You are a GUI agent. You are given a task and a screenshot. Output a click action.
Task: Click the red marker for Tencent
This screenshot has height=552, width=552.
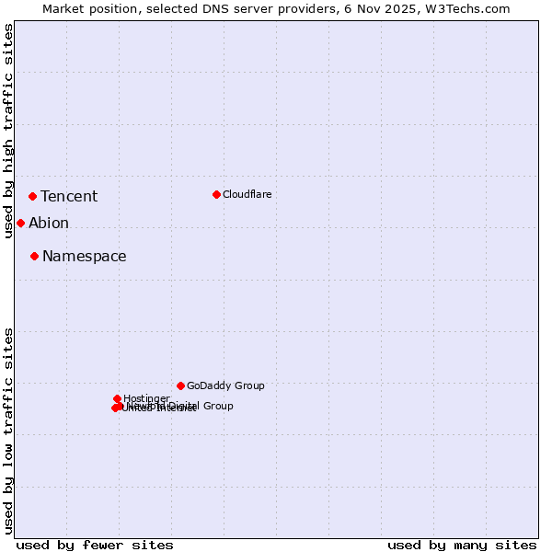click(32, 196)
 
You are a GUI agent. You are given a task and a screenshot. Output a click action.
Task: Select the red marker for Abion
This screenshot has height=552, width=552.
click(20, 223)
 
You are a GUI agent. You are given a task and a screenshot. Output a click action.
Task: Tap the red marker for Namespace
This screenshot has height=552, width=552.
click(34, 256)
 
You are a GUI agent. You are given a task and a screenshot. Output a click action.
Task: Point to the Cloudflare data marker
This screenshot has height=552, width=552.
click(216, 194)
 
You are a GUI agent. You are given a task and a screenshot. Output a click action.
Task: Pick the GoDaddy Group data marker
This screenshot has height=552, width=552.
click(180, 385)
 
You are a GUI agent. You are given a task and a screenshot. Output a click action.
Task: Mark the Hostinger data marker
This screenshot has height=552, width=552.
click(118, 398)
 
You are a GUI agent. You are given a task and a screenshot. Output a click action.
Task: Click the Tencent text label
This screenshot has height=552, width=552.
click(69, 196)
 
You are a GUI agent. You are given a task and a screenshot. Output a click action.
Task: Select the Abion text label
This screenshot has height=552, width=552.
click(49, 223)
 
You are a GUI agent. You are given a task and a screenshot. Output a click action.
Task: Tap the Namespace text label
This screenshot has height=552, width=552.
click(85, 256)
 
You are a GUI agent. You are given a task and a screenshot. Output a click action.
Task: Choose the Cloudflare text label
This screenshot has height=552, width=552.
click(247, 194)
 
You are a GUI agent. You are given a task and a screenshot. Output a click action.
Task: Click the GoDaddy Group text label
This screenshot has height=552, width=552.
click(225, 385)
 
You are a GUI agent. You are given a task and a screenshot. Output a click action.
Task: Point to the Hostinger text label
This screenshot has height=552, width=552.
click(146, 398)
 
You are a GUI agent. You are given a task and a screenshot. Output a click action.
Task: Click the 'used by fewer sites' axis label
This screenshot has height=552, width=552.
click(95, 545)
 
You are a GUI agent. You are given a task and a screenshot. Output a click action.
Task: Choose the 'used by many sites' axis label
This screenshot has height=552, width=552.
click(462, 545)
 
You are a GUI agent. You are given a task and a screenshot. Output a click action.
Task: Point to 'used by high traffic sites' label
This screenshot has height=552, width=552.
click(8, 131)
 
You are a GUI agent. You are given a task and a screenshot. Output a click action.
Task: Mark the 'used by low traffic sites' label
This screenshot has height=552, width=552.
click(8, 431)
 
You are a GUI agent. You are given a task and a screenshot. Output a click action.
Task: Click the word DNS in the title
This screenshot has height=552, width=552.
click(213, 8)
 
